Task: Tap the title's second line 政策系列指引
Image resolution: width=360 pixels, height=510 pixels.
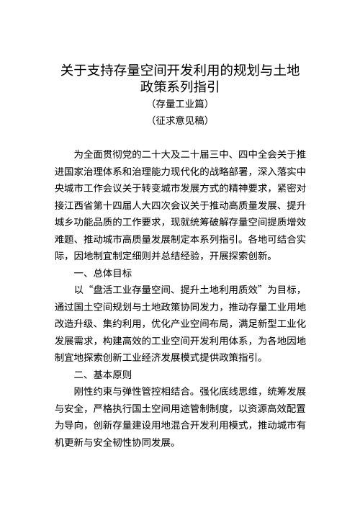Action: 180,88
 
